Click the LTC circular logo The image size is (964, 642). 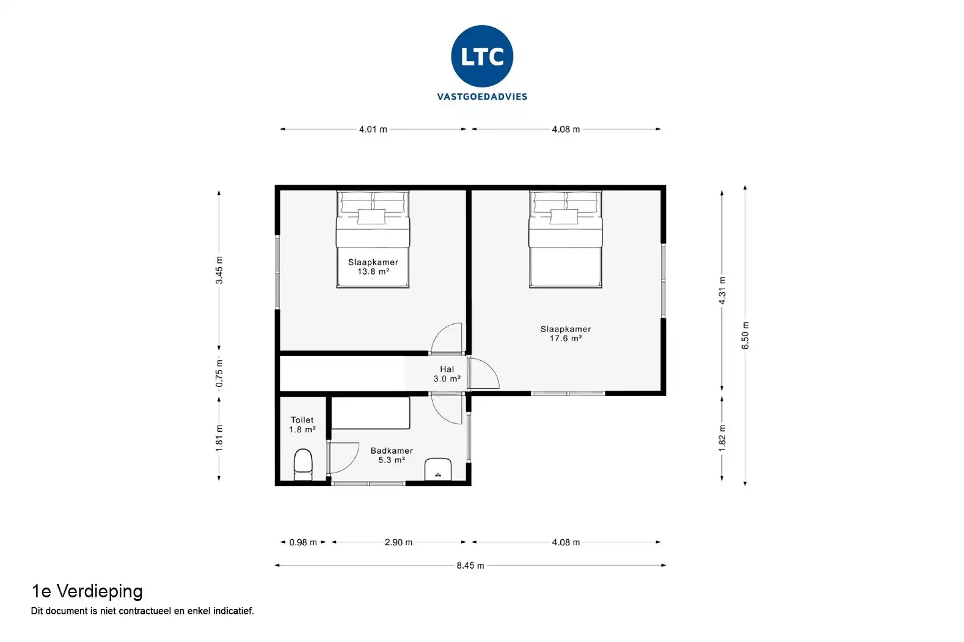tap(482, 56)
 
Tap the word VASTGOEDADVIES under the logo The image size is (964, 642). tap(482, 97)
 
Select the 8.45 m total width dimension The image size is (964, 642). tap(470, 566)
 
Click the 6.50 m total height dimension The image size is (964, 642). tap(745, 335)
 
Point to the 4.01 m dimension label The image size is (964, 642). tap(373, 130)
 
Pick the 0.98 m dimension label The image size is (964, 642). tap(303, 542)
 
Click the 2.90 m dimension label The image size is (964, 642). tap(398, 542)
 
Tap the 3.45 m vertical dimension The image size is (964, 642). tap(219, 270)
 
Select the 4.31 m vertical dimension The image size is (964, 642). tap(722, 290)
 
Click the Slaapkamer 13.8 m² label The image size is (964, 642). tap(373, 267)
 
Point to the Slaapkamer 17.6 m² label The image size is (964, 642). tap(565, 333)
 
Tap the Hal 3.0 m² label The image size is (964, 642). tap(447, 374)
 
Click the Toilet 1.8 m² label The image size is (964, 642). tap(302, 424)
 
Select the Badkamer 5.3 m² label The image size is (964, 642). tap(391, 455)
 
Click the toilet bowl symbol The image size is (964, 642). tap(304, 465)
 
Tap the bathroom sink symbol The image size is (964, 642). tap(438, 469)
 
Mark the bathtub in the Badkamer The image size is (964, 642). tap(370, 413)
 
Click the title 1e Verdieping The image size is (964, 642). tap(87, 591)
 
